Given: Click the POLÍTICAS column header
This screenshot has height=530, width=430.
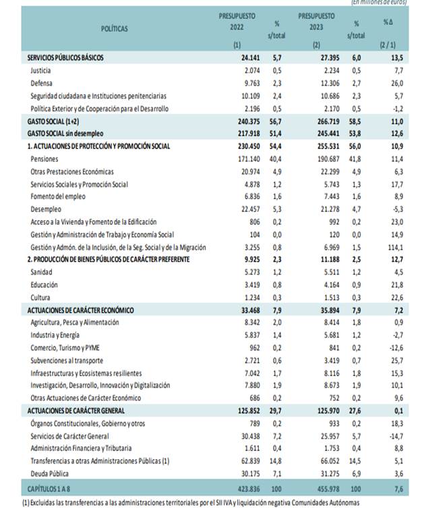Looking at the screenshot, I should (x=114, y=28).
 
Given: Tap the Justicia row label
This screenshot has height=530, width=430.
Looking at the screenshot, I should (x=42, y=70).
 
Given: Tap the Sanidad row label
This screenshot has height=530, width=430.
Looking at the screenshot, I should (x=42, y=272).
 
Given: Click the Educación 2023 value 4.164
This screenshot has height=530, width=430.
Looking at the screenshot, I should (x=324, y=285).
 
